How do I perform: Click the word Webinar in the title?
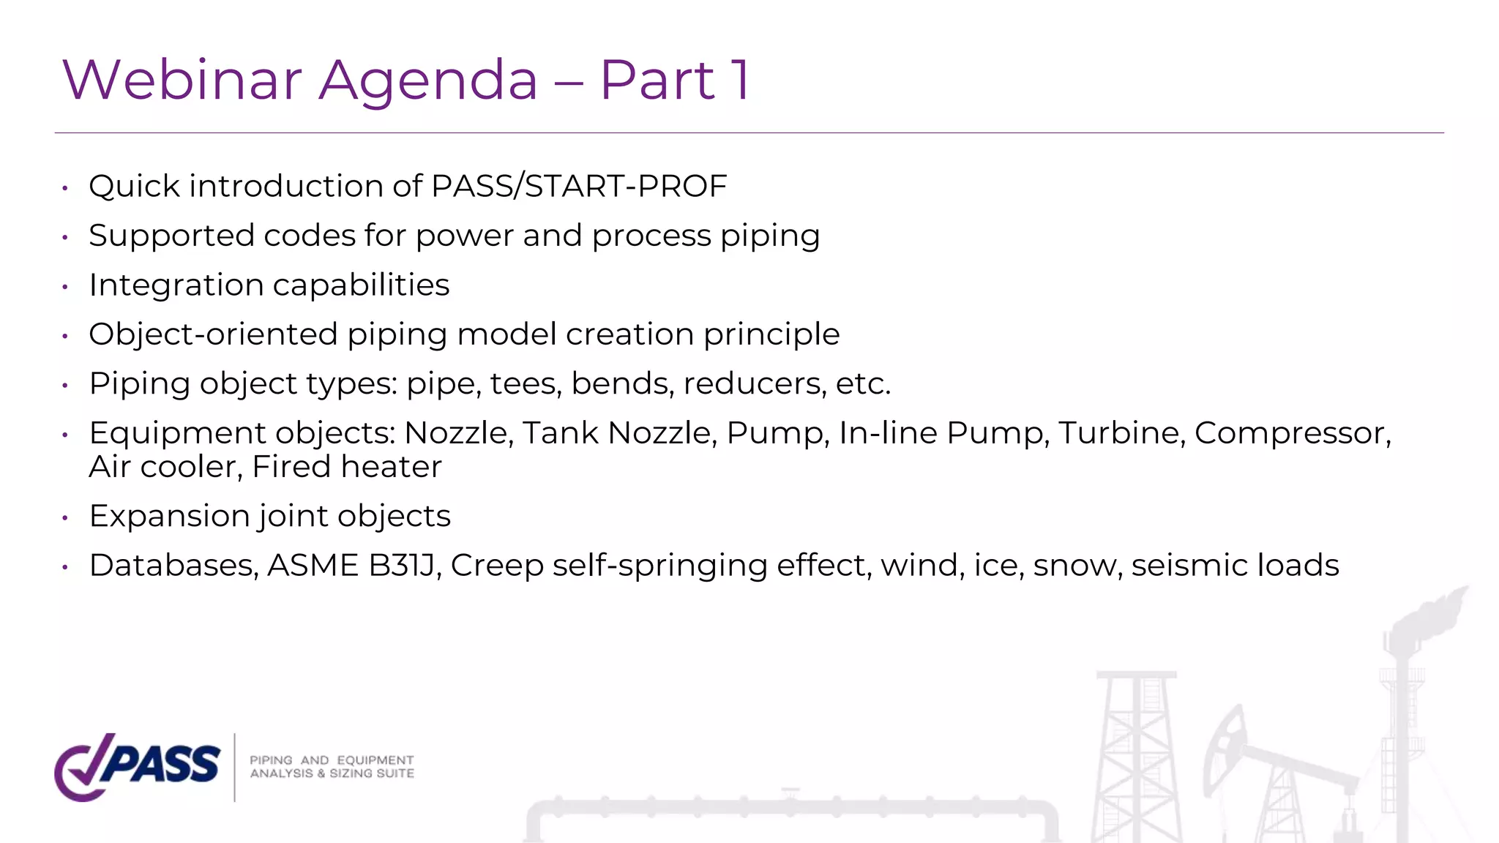(182, 80)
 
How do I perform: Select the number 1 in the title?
(741, 80)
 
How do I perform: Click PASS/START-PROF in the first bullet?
(579, 186)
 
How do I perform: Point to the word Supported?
(171, 236)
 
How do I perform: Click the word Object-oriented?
(213, 334)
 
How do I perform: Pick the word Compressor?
(1293, 433)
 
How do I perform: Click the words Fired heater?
(347, 467)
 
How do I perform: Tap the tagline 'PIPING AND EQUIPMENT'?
(332, 760)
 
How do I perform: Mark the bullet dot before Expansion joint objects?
(65, 518)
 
